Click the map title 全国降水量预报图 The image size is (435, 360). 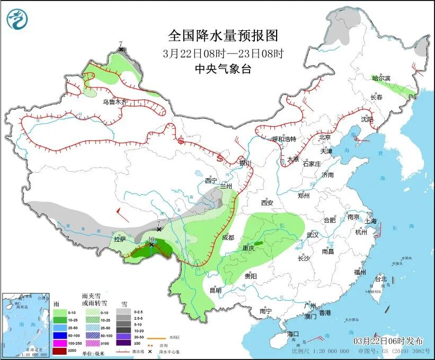(x=223, y=36)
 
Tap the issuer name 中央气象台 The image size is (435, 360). (x=223, y=69)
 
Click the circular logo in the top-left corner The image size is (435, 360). (x=17, y=19)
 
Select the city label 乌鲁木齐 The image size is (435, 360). (x=115, y=102)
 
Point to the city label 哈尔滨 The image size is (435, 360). (x=381, y=78)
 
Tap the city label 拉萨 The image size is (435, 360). (x=120, y=240)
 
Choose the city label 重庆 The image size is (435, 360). (x=249, y=248)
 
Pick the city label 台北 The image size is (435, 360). (x=381, y=279)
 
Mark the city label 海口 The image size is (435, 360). (x=293, y=334)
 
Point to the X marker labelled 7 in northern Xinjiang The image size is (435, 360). (x=121, y=49)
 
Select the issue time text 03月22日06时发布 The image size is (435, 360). (x=389, y=340)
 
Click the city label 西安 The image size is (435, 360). (x=267, y=203)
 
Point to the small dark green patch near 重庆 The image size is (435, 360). (x=258, y=243)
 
